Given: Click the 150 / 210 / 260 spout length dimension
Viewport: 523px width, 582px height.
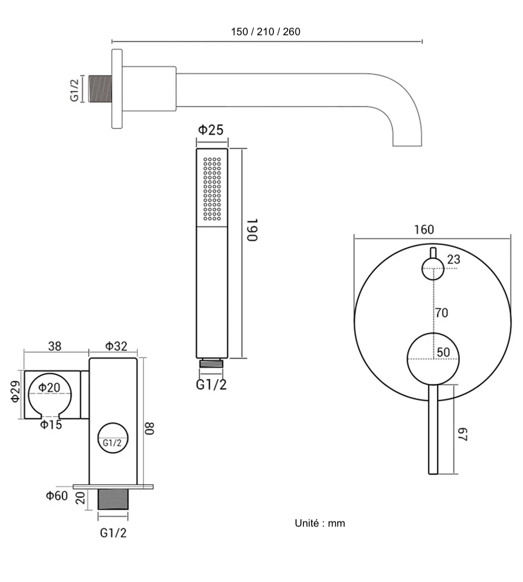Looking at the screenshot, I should click(x=266, y=31).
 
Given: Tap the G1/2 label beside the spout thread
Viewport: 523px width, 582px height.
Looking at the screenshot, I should click(x=75, y=89).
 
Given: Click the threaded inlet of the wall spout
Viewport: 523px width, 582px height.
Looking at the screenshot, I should click(x=100, y=89).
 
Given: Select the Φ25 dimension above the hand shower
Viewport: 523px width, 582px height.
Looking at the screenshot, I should click(x=212, y=130).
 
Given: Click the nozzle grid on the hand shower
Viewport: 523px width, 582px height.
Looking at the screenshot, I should click(x=212, y=188).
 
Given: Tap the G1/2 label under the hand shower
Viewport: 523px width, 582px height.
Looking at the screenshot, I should click(x=211, y=385).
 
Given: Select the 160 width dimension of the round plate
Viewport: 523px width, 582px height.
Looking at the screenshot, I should click(x=424, y=229).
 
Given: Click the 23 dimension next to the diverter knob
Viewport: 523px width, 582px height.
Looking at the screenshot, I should click(x=453, y=260).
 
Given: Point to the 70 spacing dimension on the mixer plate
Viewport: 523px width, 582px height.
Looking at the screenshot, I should click(x=441, y=313).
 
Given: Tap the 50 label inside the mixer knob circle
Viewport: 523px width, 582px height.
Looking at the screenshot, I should click(x=444, y=352).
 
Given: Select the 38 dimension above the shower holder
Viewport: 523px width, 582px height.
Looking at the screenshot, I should click(x=54, y=346).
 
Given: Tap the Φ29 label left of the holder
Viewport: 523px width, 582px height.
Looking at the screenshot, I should click(x=16, y=391).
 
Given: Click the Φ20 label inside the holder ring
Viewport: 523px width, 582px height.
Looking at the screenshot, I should click(x=49, y=388).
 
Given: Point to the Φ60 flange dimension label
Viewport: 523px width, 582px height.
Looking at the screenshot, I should click(x=56, y=495).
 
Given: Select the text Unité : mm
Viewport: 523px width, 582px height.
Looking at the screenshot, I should click(x=320, y=523).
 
